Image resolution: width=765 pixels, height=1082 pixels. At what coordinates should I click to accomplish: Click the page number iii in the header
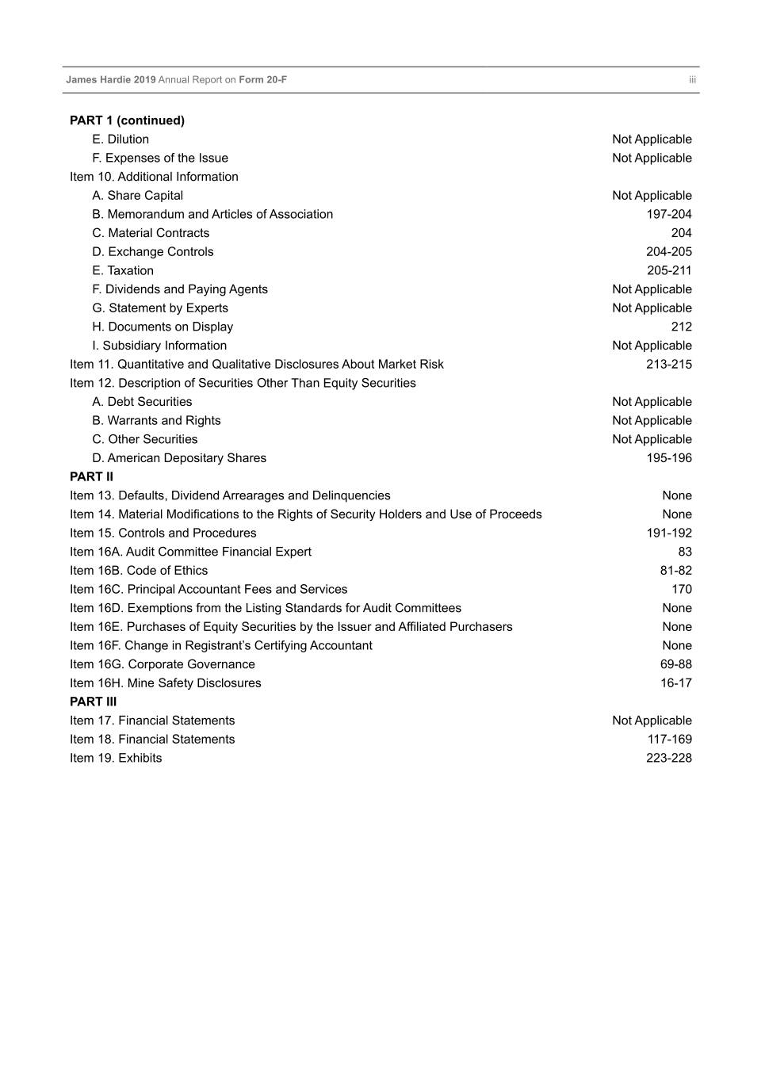pos(692,80)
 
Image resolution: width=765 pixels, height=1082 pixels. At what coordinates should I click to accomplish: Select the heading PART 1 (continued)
pos(127,120)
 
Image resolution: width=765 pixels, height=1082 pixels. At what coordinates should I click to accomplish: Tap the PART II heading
pos(91,476)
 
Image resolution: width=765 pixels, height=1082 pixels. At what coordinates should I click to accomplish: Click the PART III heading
pos(93,702)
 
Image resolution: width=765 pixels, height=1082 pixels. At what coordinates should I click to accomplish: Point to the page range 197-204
pos(668,214)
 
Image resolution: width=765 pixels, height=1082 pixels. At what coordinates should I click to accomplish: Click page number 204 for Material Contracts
pos(681,233)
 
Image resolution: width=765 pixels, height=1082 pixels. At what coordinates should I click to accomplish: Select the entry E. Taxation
pos(123,270)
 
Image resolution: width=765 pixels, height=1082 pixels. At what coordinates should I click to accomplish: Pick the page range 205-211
pos(668,270)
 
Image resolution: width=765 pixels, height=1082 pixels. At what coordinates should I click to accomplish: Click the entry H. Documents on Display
pos(163,327)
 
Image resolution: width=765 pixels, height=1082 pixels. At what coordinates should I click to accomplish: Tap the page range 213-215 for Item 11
pos(668,365)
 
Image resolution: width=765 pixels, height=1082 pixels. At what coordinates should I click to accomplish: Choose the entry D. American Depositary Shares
pos(179,458)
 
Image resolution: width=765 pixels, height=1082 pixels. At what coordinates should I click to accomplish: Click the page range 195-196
pos(668,458)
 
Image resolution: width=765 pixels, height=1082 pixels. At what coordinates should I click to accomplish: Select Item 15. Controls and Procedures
pos(163,533)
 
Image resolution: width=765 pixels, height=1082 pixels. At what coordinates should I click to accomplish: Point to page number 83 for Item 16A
pos(685,552)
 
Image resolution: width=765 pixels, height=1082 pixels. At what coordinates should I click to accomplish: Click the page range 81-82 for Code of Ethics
pos(675,571)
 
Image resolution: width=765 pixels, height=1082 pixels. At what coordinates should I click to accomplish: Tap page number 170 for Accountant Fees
pos(681,590)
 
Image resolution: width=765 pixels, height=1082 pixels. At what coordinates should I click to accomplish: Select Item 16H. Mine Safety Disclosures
pos(165,683)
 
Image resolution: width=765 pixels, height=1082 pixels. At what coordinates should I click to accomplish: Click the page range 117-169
pos(669,740)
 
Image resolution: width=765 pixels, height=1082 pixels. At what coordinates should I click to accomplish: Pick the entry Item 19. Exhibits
pos(116,759)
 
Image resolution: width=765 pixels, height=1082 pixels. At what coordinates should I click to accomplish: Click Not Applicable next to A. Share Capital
pos(652,196)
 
